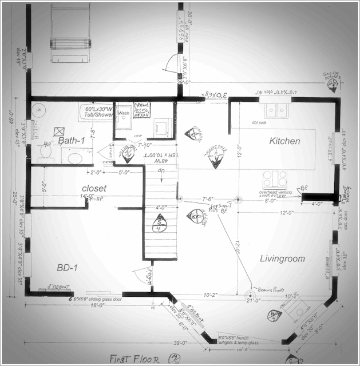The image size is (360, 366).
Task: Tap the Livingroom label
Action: [282, 258]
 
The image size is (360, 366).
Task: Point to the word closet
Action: [94, 188]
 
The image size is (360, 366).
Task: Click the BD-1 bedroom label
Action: [68, 267]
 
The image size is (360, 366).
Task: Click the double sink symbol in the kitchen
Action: [275, 110]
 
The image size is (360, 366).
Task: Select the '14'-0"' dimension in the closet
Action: [86, 198]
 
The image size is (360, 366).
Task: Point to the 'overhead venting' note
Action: [276, 193]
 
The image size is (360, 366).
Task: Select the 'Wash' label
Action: [123, 113]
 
